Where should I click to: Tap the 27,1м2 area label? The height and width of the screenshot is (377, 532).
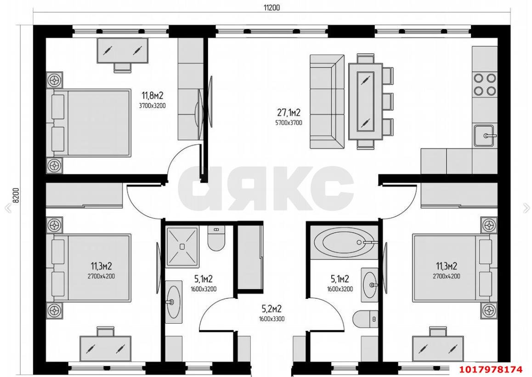pos(289,113)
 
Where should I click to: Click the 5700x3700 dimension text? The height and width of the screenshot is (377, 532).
pos(289,123)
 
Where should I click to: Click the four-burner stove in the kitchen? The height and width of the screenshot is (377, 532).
pos(485,84)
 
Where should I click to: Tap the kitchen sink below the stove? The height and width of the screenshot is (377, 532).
pos(485,135)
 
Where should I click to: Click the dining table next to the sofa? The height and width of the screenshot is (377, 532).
pos(366,102)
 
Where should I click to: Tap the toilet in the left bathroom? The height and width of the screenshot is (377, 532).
pos(216,238)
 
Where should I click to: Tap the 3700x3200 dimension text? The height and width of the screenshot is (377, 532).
pos(153,106)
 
